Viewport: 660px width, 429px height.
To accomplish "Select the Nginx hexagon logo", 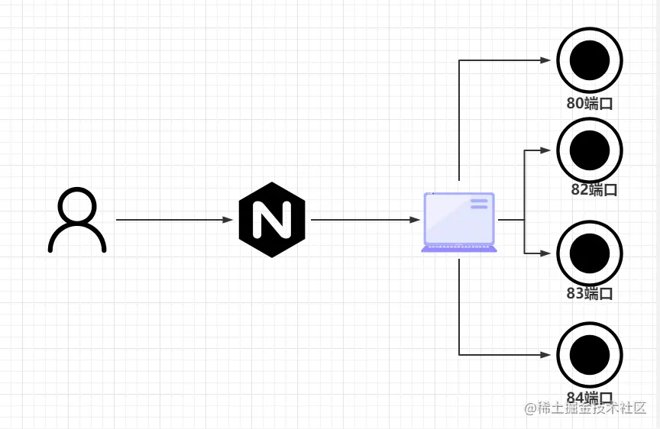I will click(x=271, y=220).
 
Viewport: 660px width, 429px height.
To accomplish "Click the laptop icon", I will click(x=459, y=222).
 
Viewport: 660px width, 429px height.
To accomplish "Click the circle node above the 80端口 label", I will click(x=590, y=60).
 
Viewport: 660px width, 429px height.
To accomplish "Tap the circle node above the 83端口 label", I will click(x=590, y=253).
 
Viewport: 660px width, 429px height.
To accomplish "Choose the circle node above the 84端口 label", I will click(x=590, y=354).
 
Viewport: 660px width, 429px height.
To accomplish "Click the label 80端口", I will click(x=590, y=104).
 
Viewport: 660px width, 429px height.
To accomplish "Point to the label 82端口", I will click(x=594, y=190).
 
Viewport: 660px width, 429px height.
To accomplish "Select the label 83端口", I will click(x=590, y=294).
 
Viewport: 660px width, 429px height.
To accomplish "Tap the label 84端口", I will click(x=590, y=398).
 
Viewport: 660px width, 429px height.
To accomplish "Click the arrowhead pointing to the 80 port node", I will click(x=546, y=60).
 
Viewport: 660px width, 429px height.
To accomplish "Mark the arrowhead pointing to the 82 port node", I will click(x=546, y=150).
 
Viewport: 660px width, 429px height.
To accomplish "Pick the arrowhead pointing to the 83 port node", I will click(x=546, y=253).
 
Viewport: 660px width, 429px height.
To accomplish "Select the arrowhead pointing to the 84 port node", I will click(x=546, y=354).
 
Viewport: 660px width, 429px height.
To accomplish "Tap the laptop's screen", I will click(x=459, y=218).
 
